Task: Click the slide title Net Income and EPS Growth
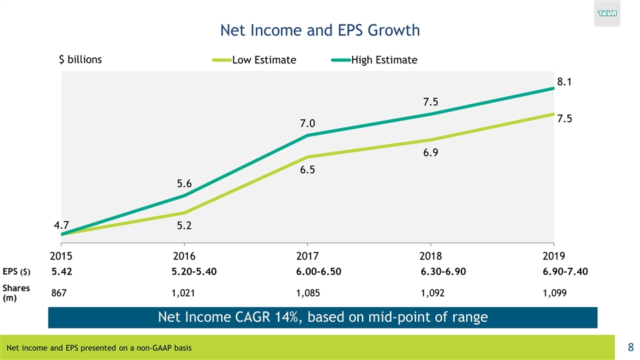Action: point(320,30)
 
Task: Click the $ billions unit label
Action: point(81,59)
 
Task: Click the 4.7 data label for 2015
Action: point(62,225)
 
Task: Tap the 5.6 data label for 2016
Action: point(185,183)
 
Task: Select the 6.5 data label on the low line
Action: point(307,170)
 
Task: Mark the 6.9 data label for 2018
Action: point(430,153)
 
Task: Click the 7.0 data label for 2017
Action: point(307,123)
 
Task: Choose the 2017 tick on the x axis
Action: point(307,255)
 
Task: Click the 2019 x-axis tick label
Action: point(554,255)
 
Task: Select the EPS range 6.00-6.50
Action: point(319,272)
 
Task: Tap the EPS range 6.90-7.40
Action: point(565,272)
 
